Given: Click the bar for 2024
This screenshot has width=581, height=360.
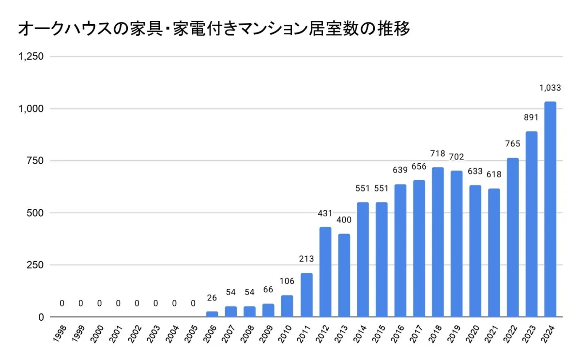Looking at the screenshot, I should (x=550, y=209).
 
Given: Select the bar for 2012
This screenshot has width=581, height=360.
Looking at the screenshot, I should (x=325, y=272).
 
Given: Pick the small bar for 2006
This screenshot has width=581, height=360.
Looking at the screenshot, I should (x=212, y=314).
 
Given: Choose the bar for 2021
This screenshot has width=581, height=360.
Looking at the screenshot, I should (x=494, y=252).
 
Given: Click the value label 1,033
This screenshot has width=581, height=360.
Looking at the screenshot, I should (x=550, y=88).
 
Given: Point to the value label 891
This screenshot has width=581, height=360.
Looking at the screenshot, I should (x=532, y=118).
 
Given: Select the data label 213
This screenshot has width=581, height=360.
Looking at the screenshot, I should (x=306, y=259).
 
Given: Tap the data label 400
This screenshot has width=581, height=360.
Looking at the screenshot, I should (x=344, y=220).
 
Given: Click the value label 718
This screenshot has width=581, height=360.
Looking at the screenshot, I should (x=438, y=154).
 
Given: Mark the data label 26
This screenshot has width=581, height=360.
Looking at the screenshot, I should (x=212, y=297).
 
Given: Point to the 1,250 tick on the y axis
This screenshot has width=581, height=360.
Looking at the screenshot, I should (x=31, y=57).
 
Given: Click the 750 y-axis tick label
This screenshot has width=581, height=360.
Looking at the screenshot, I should (x=35, y=161).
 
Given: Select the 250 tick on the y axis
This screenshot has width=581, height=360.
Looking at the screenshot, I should (x=35, y=265).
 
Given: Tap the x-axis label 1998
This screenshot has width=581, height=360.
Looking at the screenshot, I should (x=61, y=333).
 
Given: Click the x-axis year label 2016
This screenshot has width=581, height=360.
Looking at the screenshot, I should (x=399, y=333).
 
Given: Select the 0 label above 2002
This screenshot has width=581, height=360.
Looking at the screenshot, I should (x=137, y=304).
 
